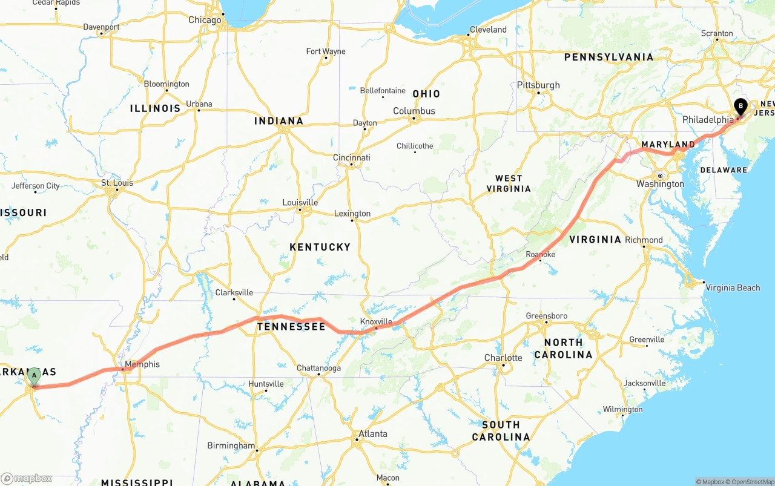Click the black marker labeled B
click(x=740, y=107)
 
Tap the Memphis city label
click(x=143, y=364)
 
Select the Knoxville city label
click(x=376, y=321)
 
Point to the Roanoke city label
click(x=541, y=255)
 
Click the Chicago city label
click(x=205, y=20)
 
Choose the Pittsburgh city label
click(x=538, y=85)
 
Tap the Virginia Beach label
click(x=733, y=287)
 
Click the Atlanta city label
click(x=373, y=433)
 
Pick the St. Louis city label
click(x=117, y=183)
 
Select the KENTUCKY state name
click(x=320, y=247)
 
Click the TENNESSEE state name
click(x=291, y=327)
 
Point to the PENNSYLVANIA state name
click(x=608, y=57)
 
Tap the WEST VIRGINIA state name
click(x=509, y=183)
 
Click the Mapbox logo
click(x=27, y=478)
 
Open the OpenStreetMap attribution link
click(x=752, y=482)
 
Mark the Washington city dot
click(x=661, y=176)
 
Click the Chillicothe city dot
click(x=415, y=152)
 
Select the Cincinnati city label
click(x=352, y=157)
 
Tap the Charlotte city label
click(x=503, y=358)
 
